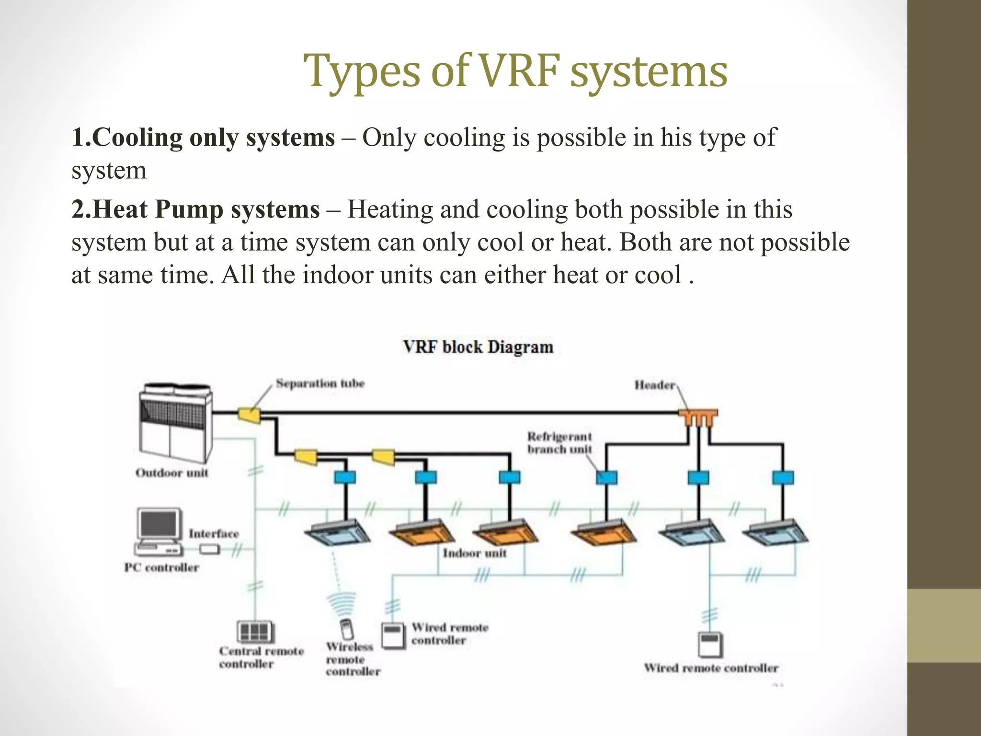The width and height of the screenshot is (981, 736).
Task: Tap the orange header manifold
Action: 698,418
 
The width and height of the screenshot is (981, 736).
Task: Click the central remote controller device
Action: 255,632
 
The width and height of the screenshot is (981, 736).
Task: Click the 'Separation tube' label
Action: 320,383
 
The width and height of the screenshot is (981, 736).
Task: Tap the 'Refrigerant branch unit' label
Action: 559,443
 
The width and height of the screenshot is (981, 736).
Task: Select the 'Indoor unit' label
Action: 474,553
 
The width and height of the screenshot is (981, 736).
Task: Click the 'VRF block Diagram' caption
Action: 478,347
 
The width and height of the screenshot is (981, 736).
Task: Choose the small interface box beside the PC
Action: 209,549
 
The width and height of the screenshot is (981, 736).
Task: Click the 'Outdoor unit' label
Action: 172,473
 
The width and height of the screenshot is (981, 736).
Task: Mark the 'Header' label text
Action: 655,385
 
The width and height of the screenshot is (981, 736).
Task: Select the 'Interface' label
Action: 214,534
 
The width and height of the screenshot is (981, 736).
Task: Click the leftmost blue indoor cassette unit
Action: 337,532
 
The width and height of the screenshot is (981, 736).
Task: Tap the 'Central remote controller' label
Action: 262,657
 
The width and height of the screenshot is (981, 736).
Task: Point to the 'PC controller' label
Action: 161,567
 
